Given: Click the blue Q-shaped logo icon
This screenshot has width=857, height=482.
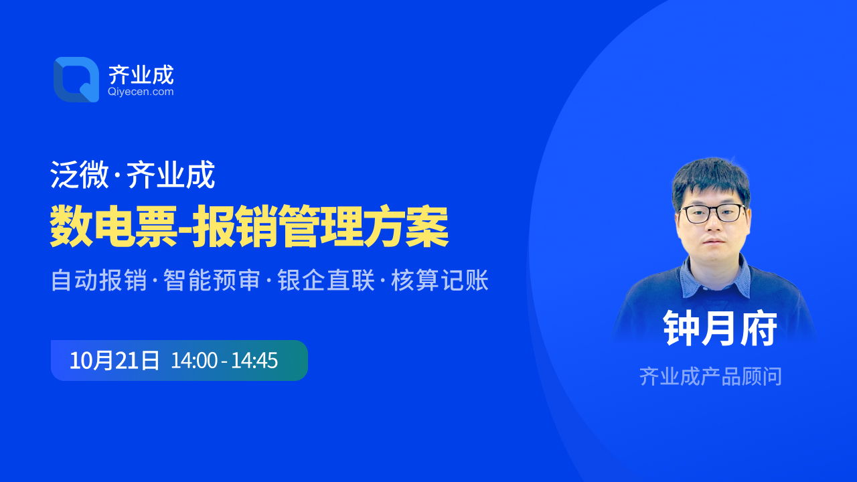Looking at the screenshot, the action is point(76,80).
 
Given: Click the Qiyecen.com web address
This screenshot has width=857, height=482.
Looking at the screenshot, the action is point(141,92).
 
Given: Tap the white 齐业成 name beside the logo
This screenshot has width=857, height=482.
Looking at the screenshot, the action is point(141,74).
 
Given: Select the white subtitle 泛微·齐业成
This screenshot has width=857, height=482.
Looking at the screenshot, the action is point(133,175).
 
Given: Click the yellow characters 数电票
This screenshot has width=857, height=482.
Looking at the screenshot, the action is point(114,226).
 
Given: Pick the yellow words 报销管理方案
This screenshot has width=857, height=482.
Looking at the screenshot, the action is point(320,226).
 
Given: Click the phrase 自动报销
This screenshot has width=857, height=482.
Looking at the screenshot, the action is point(99,280).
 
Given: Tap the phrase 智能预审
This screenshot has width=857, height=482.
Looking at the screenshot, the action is point(212,280).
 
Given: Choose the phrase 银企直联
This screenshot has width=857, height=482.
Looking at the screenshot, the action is point(326,280).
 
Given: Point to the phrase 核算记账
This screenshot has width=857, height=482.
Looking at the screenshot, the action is point(440,280).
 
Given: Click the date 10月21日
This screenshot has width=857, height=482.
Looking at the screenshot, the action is point(114,360).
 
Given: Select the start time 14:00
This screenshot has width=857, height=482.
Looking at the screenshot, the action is point(194,360).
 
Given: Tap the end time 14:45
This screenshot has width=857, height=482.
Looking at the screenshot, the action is point(254,360).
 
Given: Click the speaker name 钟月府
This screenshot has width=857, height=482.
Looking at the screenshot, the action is point(720,328).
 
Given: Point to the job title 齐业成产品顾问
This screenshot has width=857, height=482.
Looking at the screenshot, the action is point(711,376).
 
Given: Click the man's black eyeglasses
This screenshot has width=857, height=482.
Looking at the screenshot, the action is point(712,214).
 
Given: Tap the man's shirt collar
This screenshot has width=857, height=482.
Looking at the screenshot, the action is point(714,277).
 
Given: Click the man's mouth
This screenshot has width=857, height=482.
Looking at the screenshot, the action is point(714,242).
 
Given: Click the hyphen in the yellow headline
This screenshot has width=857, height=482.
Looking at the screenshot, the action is point(184,230).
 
